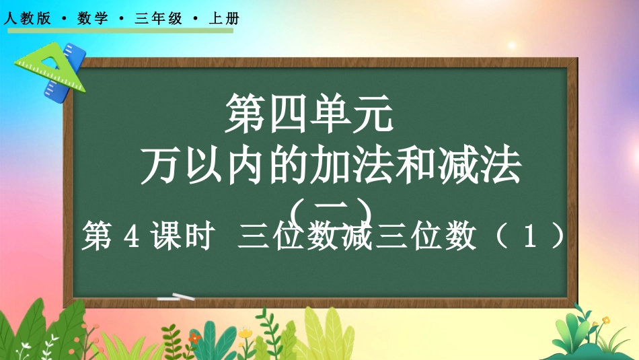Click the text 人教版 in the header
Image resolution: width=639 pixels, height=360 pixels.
point(28,18)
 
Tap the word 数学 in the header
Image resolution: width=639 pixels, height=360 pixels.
point(93,18)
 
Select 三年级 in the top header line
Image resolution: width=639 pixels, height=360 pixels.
point(158,18)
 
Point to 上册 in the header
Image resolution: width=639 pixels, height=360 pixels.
point(224,18)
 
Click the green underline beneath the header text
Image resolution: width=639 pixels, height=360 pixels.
point(120,30)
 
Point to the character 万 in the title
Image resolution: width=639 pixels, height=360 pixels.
point(160,165)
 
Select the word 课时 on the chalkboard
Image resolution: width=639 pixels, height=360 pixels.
point(182,236)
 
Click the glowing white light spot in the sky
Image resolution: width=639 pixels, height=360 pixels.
point(512,45)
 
